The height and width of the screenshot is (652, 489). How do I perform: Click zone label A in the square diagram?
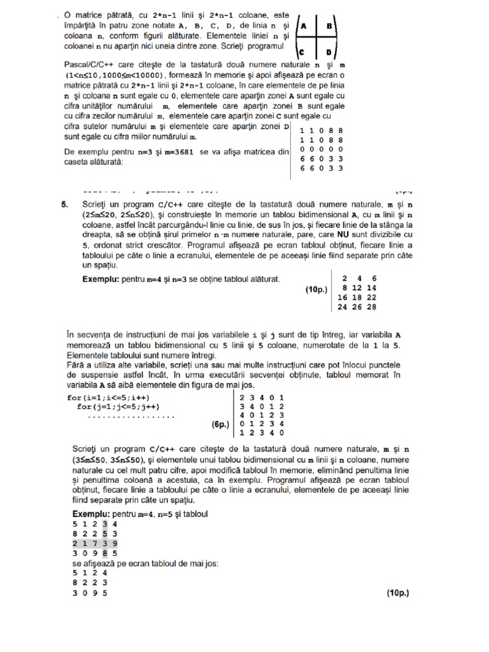[304, 27]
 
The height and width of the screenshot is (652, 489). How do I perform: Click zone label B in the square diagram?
[330, 27]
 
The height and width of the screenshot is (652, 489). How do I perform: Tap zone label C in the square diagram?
[304, 53]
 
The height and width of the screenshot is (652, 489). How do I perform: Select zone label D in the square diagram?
[330, 53]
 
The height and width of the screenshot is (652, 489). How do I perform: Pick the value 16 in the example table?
[343, 297]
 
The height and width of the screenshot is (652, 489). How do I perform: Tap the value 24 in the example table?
[343, 306]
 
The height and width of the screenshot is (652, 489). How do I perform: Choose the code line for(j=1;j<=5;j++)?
[118, 406]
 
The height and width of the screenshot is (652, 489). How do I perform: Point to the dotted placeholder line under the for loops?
[131, 416]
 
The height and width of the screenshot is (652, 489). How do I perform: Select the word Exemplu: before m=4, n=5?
[91, 513]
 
